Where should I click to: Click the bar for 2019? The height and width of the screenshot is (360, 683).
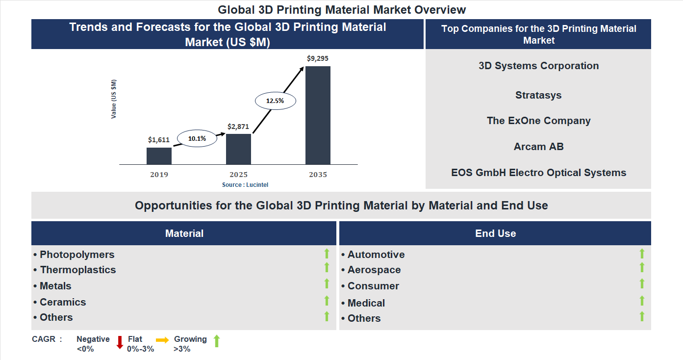[x=159, y=155]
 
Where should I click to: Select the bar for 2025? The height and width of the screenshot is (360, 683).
[x=238, y=149]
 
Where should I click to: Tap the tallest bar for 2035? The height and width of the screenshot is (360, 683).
[x=318, y=115]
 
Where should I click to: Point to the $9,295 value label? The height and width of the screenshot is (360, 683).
[x=318, y=58]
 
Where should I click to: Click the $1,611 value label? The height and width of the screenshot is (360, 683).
[x=159, y=140]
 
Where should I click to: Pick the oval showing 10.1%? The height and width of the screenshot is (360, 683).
[x=197, y=139]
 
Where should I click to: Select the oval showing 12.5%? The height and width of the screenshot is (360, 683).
[x=275, y=101]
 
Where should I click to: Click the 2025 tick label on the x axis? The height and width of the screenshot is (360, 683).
[x=238, y=175]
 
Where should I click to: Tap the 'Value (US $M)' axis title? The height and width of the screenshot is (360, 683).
[x=114, y=99]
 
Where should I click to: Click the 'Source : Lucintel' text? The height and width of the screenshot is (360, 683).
[x=245, y=185]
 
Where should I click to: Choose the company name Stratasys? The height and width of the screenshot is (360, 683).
[x=538, y=95]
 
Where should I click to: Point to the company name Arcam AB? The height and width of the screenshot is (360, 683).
[x=538, y=147]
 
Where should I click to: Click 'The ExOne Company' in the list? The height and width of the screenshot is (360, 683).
[x=538, y=121]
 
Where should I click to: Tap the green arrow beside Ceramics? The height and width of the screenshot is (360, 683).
[x=327, y=301]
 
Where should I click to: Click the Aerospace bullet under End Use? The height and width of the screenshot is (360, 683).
[x=374, y=270]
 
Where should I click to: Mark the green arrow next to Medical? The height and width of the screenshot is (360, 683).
[x=642, y=301]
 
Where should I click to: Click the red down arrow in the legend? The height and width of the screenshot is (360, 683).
[x=120, y=342]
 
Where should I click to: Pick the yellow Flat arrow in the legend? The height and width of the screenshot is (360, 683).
[x=162, y=340]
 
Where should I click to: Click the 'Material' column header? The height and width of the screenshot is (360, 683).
[x=184, y=233]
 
